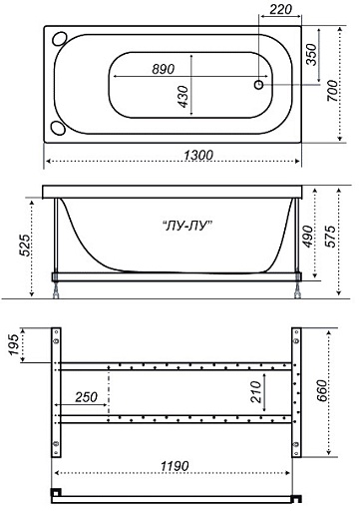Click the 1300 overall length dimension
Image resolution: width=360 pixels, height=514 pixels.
(198, 156)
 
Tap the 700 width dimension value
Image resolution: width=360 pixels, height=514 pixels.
(332, 91)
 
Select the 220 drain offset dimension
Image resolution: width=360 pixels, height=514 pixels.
(280, 10)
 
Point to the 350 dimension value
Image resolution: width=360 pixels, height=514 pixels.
(311, 55)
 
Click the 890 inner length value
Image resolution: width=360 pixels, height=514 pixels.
(164, 69)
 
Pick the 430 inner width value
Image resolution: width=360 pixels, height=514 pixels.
(182, 97)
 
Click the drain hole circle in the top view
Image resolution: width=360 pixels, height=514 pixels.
(258, 85)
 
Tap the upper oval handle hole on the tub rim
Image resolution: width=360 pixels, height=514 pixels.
(60, 38)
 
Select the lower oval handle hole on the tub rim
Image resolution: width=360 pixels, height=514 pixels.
(58, 128)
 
